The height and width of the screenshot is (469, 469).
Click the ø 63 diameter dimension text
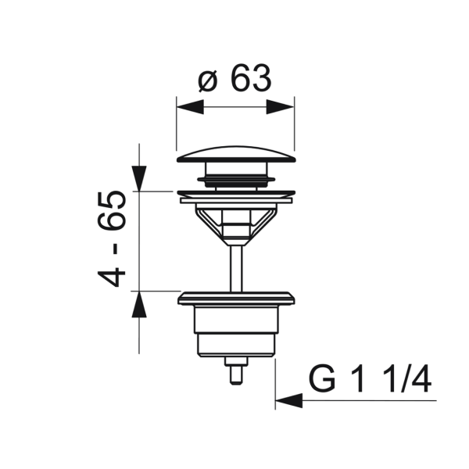(x=234, y=79)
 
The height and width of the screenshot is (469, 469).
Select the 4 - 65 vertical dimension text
(x=111, y=238)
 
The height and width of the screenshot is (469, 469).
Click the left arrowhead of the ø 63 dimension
(x=190, y=107)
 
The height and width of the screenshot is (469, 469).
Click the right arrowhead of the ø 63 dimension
(x=281, y=107)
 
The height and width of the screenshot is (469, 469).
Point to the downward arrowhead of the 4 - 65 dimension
(x=139, y=178)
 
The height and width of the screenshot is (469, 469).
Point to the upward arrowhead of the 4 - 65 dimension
(x=139, y=304)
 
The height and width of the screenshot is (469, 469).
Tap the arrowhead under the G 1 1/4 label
(x=289, y=400)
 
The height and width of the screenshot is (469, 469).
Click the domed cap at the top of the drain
(x=236, y=154)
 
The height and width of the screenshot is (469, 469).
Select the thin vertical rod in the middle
(x=236, y=268)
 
